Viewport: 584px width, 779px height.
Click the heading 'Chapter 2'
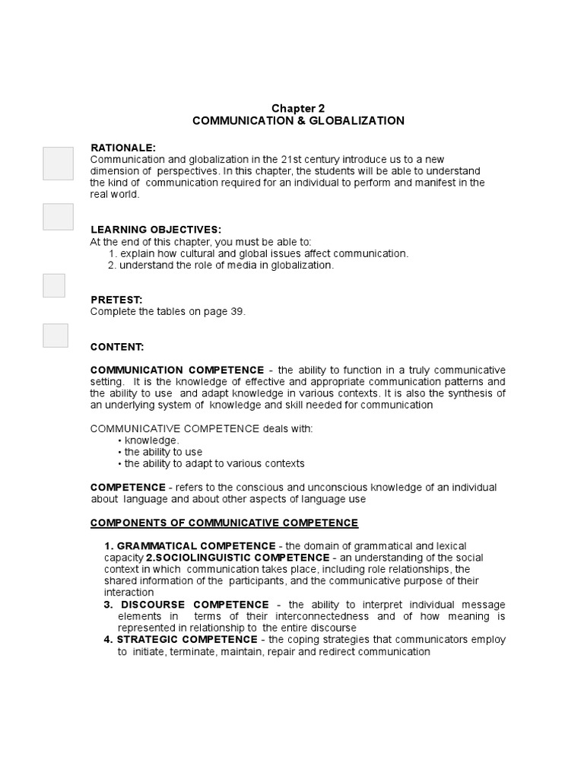pyautogui.click(x=298, y=109)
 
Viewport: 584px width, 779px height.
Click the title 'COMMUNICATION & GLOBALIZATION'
pyautogui.click(x=298, y=121)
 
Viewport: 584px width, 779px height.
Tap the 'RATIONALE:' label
pyautogui.click(x=123, y=147)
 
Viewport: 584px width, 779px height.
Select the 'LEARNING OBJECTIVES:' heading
pyautogui.click(x=156, y=230)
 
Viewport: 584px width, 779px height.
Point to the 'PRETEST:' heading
pyautogui.click(x=116, y=300)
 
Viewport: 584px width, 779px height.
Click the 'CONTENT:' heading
pyautogui.click(x=117, y=347)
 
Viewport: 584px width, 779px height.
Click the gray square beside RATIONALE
pyautogui.click(x=58, y=164)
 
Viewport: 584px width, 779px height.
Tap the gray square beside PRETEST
pyautogui.click(x=54, y=285)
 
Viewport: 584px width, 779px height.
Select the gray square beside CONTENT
pyautogui.click(x=56, y=335)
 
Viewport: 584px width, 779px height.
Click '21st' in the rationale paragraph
pyautogui.click(x=292, y=159)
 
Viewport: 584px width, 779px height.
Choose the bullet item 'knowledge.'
pyautogui.click(x=151, y=440)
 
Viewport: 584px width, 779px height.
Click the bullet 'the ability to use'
pyautogui.click(x=163, y=452)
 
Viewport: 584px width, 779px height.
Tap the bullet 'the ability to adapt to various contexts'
pyautogui.click(x=214, y=463)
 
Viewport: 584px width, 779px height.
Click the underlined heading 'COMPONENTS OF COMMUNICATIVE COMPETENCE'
pyautogui.click(x=224, y=523)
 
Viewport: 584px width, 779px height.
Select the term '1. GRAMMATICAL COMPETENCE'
pyautogui.click(x=190, y=546)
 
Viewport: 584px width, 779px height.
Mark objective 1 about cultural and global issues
pyautogui.click(x=259, y=253)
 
